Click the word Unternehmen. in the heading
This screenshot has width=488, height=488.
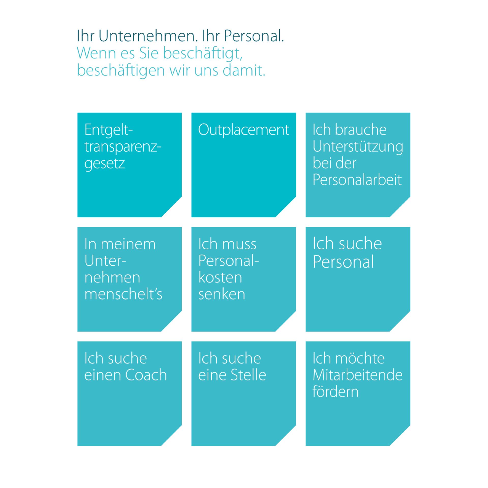click(x=148, y=36)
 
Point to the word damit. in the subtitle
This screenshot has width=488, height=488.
click(x=244, y=70)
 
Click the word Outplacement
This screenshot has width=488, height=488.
click(x=244, y=130)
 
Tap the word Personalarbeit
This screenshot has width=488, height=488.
click(x=357, y=180)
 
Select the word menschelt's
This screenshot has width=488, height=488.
click(x=123, y=294)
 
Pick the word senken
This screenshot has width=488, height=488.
click(x=222, y=294)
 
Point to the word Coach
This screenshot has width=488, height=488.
click(x=146, y=375)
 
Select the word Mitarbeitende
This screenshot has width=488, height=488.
click(x=358, y=375)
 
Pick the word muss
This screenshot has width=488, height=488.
click(x=239, y=245)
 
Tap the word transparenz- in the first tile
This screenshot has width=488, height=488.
click(x=123, y=147)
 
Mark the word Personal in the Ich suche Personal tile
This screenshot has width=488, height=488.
click(x=343, y=262)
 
